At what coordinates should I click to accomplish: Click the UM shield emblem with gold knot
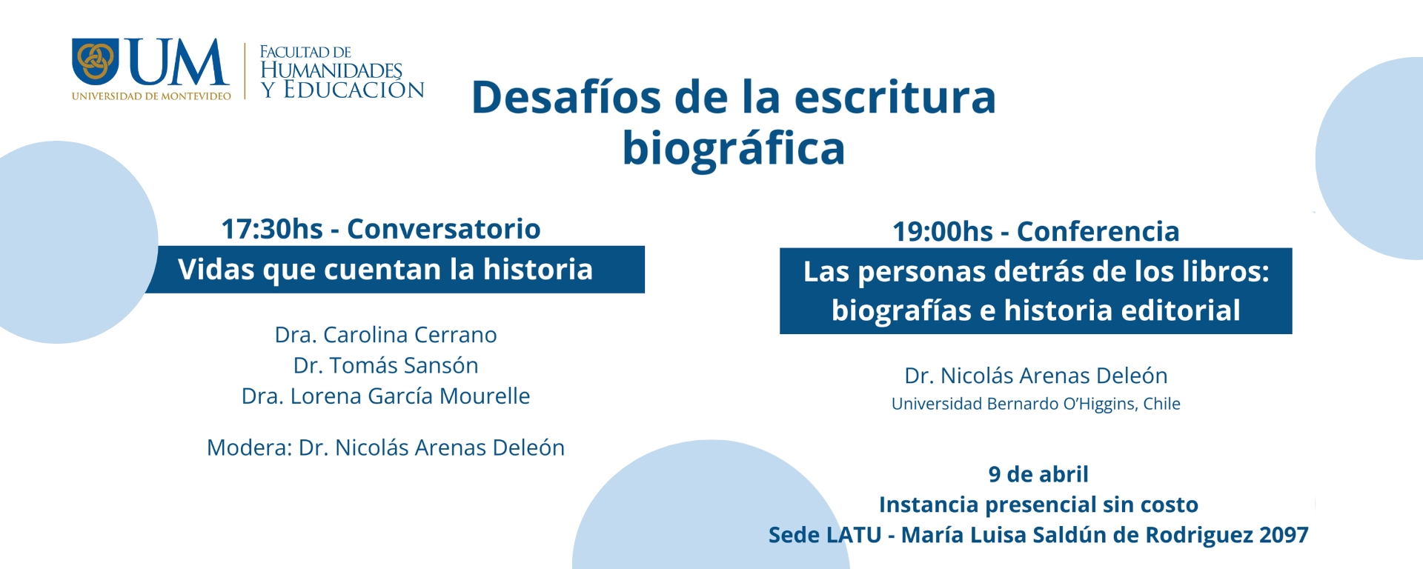[x=95, y=61]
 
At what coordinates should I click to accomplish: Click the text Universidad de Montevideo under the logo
[x=151, y=96]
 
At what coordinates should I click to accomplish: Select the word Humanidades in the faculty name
[x=331, y=70]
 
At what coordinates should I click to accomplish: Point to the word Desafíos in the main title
[x=565, y=97]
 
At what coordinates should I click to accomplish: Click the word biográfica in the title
[x=733, y=148]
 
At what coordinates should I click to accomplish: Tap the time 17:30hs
[x=272, y=229]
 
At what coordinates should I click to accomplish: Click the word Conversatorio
[x=443, y=229]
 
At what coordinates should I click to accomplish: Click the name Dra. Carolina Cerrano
[x=385, y=335]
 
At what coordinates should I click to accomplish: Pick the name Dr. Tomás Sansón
[x=385, y=365]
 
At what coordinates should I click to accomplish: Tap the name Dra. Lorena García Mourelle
[x=385, y=396]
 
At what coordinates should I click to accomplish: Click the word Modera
[x=248, y=447]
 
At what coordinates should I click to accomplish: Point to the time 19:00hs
[x=942, y=232]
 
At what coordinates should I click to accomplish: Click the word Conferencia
[x=1098, y=232]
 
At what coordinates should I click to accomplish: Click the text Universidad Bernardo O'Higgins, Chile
[x=1035, y=404]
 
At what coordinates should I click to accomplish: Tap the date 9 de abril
[x=1038, y=474]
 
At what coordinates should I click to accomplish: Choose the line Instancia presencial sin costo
[x=1038, y=505]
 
